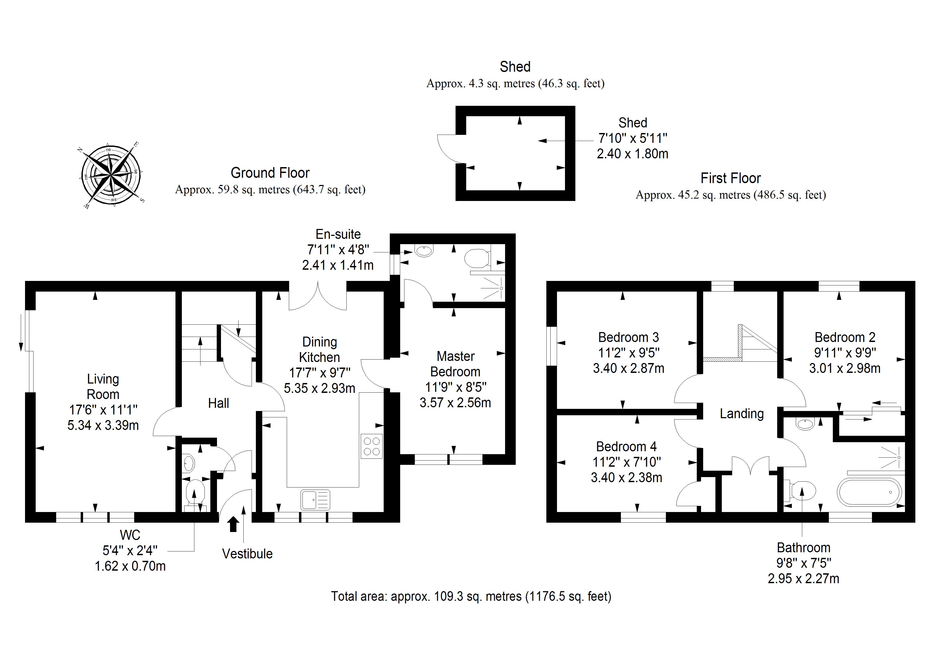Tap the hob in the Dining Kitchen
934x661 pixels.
coord(371,446)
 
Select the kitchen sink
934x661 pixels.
coord(315,500)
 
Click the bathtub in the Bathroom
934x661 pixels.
coord(869,492)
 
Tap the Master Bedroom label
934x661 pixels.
coord(455,364)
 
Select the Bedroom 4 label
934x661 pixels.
coord(626,447)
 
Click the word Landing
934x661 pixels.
coord(742,414)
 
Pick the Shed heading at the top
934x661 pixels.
coord(515,67)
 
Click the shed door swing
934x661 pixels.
coord(448,149)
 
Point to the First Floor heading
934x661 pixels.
coord(730,178)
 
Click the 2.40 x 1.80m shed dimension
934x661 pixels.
coord(633,154)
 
